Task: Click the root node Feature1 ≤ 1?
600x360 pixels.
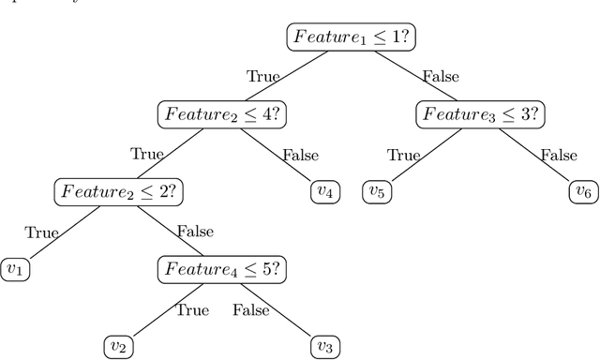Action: (352, 37)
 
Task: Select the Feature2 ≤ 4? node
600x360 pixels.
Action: (221, 114)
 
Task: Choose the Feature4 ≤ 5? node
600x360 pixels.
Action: (221, 269)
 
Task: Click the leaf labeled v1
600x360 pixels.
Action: (15, 269)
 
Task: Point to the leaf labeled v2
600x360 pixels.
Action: (118, 346)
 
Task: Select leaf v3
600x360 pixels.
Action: (324, 346)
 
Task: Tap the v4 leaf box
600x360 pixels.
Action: (324, 191)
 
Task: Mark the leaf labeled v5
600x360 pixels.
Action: (378, 191)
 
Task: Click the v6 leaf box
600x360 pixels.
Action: (583, 191)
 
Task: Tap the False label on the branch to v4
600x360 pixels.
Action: (299, 155)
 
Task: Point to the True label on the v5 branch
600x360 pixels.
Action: (404, 155)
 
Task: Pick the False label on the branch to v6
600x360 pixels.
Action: (559, 155)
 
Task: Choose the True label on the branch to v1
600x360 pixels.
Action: (41, 232)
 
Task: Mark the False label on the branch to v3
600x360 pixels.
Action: (250, 308)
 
